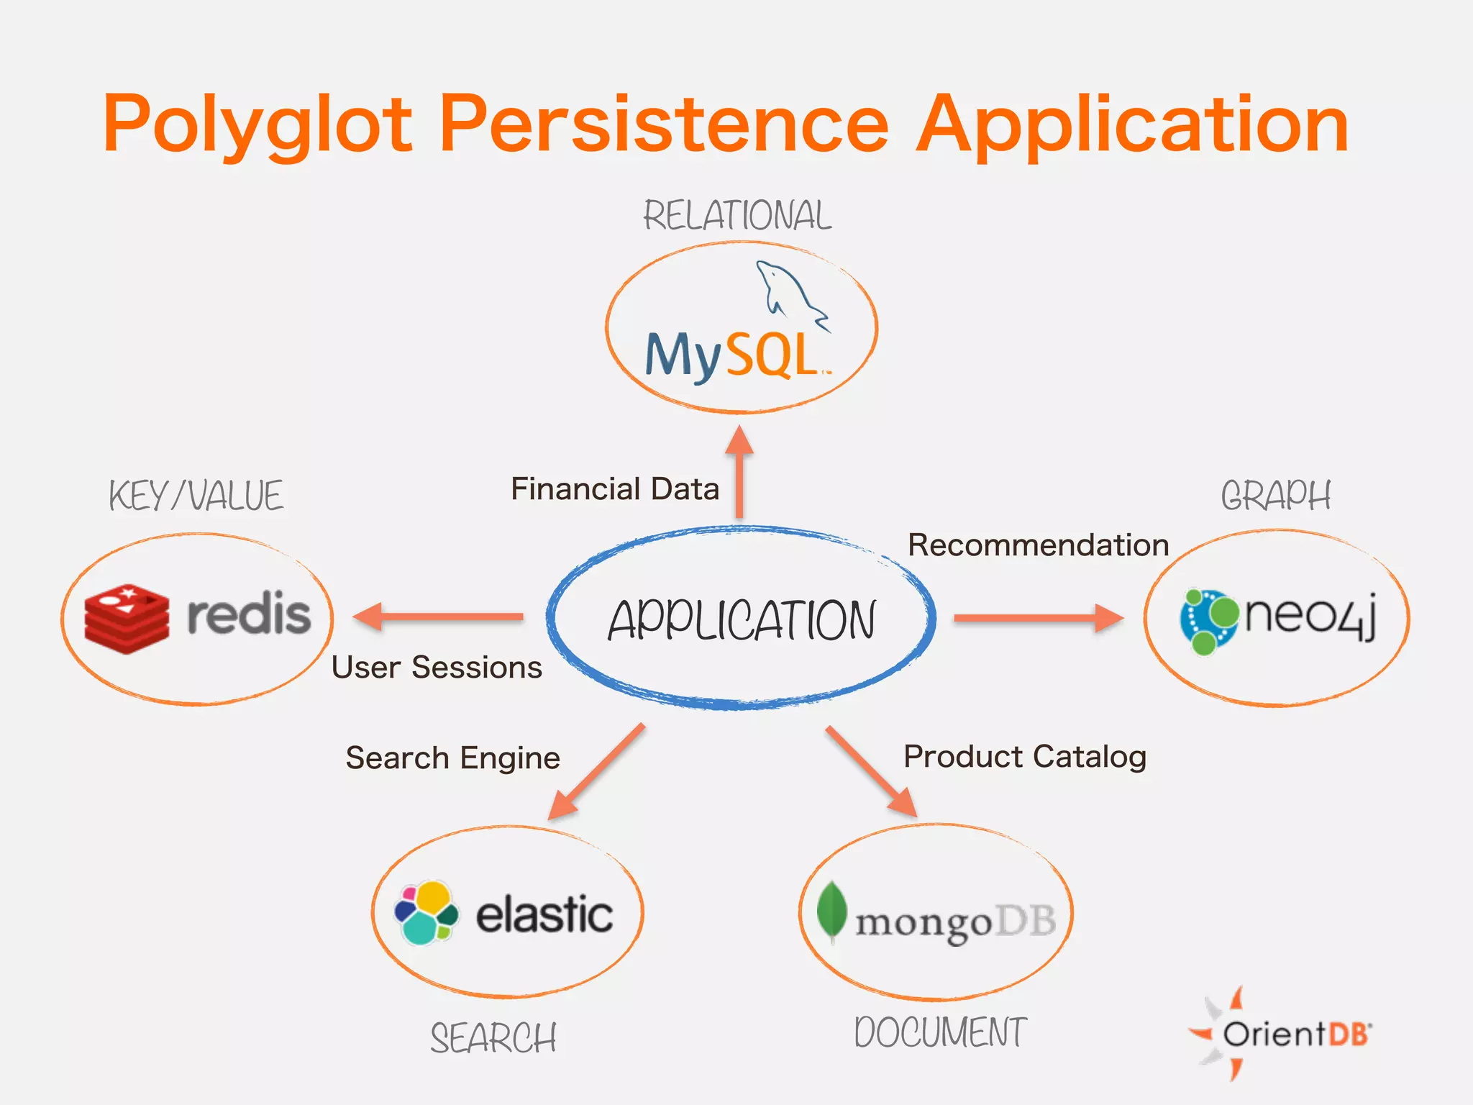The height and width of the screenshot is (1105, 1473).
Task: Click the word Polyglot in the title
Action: pyautogui.click(x=257, y=126)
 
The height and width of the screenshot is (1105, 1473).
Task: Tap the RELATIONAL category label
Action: pyautogui.click(x=737, y=216)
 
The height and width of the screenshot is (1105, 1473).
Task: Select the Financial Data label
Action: pyautogui.click(x=615, y=489)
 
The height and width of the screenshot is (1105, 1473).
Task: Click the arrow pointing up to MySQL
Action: pyautogui.click(x=739, y=471)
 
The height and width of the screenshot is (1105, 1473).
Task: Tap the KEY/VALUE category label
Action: pyautogui.click(x=196, y=496)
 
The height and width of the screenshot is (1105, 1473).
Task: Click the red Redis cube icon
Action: pyautogui.click(x=127, y=618)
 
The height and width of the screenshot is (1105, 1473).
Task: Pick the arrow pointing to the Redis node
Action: pyautogui.click(x=439, y=617)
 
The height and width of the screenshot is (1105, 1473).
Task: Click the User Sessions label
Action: pyautogui.click(x=437, y=668)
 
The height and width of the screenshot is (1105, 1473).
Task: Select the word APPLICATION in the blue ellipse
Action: pyautogui.click(x=742, y=620)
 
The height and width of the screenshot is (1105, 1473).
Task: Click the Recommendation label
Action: pyautogui.click(x=1038, y=545)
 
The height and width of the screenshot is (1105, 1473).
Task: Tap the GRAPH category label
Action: pyautogui.click(x=1276, y=496)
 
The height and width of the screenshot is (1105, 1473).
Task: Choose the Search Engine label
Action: pyautogui.click(x=452, y=758)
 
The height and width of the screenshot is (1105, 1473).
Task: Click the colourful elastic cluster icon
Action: pyautogui.click(x=426, y=913)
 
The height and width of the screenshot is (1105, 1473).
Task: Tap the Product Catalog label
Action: pyautogui.click(x=1025, y=757)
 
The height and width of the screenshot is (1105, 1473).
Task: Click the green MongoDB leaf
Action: pyautogui.click(x=832, y=910)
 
